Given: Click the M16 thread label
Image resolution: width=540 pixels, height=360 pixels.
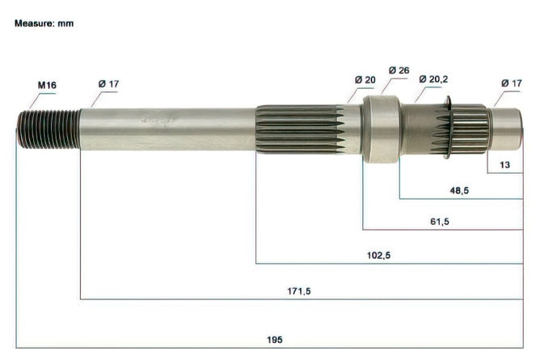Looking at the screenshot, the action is [47, 85].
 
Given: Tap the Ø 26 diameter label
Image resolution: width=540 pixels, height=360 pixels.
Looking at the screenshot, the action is [399, 70].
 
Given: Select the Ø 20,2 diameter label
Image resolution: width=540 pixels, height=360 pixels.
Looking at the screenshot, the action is [433, 79].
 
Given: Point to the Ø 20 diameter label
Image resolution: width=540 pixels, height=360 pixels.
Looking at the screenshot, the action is [365, 80].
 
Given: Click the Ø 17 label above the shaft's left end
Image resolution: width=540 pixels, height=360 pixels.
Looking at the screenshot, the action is [108, 83].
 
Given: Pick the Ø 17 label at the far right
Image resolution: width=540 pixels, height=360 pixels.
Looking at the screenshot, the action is [512, 83].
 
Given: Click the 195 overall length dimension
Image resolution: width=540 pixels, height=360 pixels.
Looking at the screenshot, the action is [275, 340].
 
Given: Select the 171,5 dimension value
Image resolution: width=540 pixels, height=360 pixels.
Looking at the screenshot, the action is [299, 291].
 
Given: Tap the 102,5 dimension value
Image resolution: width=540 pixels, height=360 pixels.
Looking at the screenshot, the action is [379, 256].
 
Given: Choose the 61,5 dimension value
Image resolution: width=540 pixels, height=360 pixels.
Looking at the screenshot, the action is [440, 222].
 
